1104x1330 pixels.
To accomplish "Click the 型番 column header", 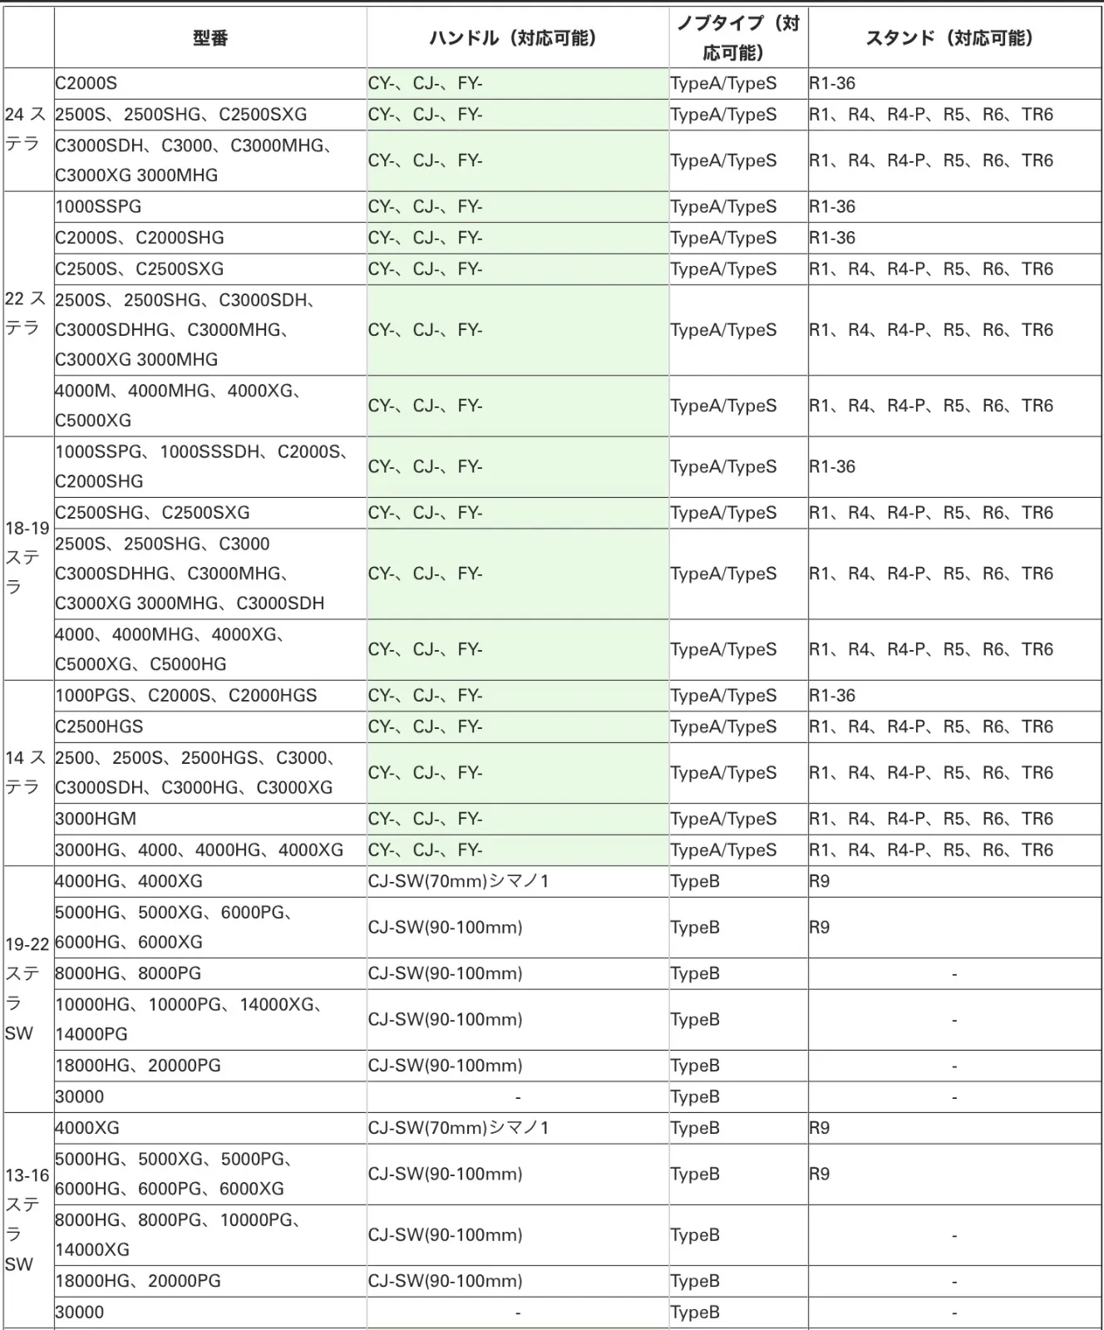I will pyautogui.click(x=210, y=38).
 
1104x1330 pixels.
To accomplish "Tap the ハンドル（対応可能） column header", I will pyautogui.click(x=517, y=38).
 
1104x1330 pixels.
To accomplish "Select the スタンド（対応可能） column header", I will pyautogui.click(x=954, y=38).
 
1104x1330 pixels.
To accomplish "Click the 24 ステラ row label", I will pyautogui.click(x=26, y=129).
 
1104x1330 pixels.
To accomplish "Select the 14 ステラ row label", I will pyautogui.click(x=26, y=772).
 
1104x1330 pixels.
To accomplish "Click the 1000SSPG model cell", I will pyautogui.click(x=99, y=207).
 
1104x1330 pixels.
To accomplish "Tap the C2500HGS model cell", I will pyautogui.click(x=100, y=727).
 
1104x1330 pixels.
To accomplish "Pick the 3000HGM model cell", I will pyautogui.click(x=96, y=819).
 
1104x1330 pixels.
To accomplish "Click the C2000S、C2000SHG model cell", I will pyautogui.click(x=140, y=238).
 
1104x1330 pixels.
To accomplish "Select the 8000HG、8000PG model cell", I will pyautogui.click(x=128, y=973).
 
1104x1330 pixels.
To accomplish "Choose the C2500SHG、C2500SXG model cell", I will pyautogui.click(x=152, y=513).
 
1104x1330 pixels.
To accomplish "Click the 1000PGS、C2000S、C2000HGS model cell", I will pyautogui.click(x=186, y=696).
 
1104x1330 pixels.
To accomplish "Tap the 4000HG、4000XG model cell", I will pyautogui.click(x=129, y=881).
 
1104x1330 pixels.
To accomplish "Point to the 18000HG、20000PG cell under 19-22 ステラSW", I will pyautogui.click(x=138, y=1066).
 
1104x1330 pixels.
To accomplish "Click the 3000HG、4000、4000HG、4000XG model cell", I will pyautogui.click(x=200, y=850).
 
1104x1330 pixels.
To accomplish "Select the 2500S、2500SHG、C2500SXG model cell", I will pyautogui.click(x=181, y=115).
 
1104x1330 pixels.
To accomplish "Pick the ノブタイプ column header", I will pyautogui.click(x=737, y=38).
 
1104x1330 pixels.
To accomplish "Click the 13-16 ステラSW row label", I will pyautogui.click(x=27, y=1219).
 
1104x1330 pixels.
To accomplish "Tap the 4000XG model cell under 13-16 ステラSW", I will pyautogui.click(x=87, y=1128).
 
